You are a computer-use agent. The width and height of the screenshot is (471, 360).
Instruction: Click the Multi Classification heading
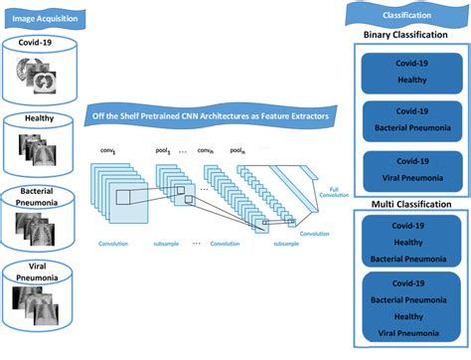point(407,204)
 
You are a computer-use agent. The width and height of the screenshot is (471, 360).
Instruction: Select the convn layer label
point(206,151)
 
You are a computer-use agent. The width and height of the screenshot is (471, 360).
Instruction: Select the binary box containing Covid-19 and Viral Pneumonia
point(407,169)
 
